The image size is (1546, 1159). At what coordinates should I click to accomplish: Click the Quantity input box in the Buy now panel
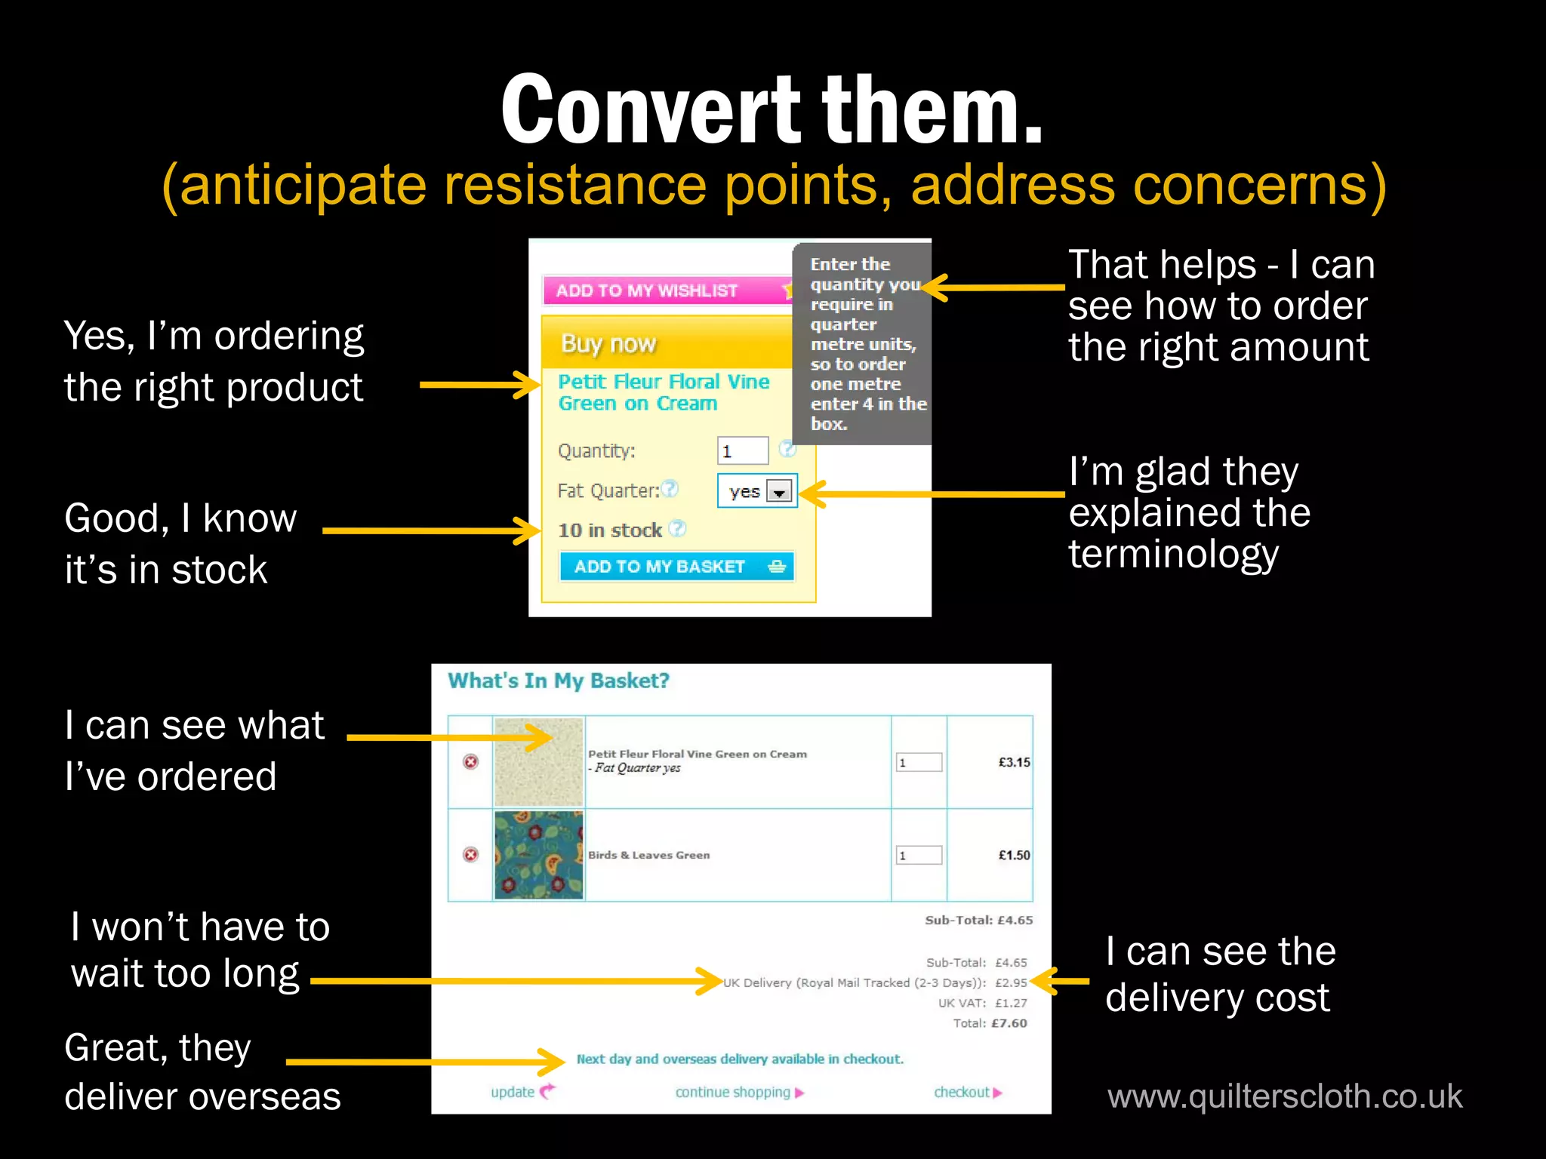[742, 451]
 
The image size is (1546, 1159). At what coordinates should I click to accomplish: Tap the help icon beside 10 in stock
[678, 529]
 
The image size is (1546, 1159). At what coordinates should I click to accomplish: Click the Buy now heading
[608, 344]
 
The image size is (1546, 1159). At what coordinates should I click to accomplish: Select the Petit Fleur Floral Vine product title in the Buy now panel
[664, 392]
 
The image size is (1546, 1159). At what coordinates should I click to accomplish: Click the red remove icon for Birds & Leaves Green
[470, 855]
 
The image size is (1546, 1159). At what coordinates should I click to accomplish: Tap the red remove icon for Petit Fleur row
[470, 762]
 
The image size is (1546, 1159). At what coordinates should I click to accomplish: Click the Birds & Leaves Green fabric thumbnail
[539, 855]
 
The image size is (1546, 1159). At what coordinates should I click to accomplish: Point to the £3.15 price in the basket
[1014, 762]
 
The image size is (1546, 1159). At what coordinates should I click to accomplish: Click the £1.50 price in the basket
[1014, 855]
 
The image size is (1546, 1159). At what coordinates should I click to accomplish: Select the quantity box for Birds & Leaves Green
[919, 855]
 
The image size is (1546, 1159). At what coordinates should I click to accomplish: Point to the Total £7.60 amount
[1009, 1023]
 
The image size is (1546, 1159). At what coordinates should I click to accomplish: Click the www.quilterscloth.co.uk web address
[1285, 1096]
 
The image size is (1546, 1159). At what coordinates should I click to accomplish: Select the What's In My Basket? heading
[559, 681]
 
